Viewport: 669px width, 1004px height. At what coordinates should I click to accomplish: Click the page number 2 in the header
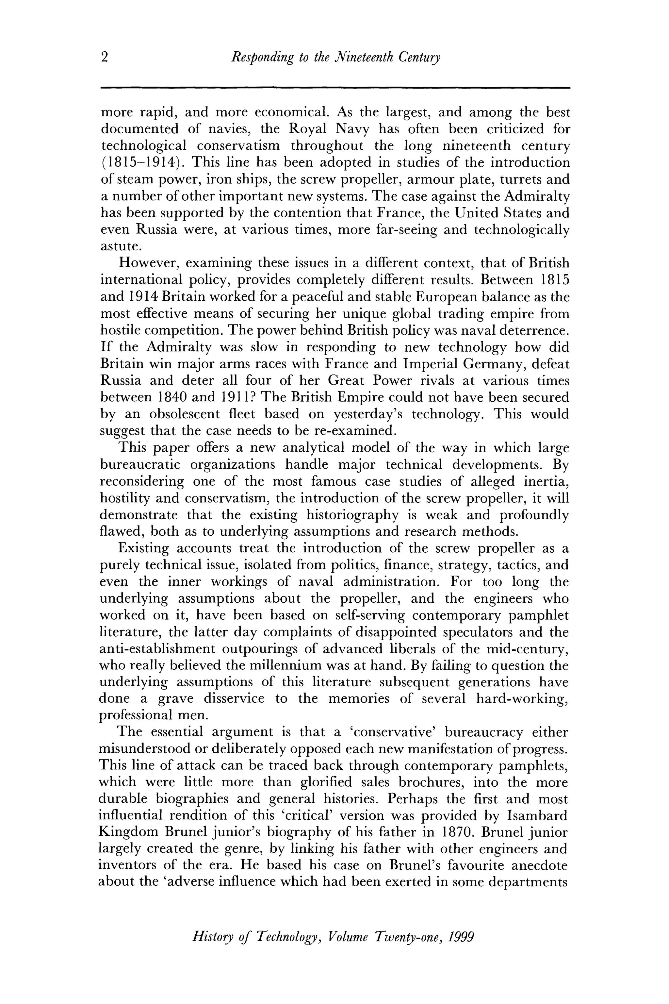(x=105, y=57)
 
